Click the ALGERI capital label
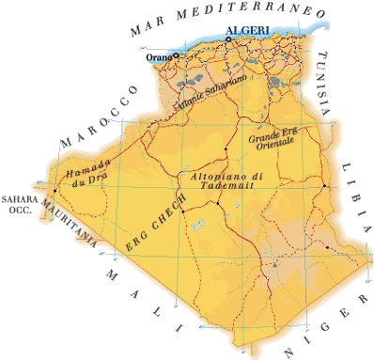click(248, 31)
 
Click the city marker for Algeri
click(227, 39)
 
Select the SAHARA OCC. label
click(18, 206)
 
